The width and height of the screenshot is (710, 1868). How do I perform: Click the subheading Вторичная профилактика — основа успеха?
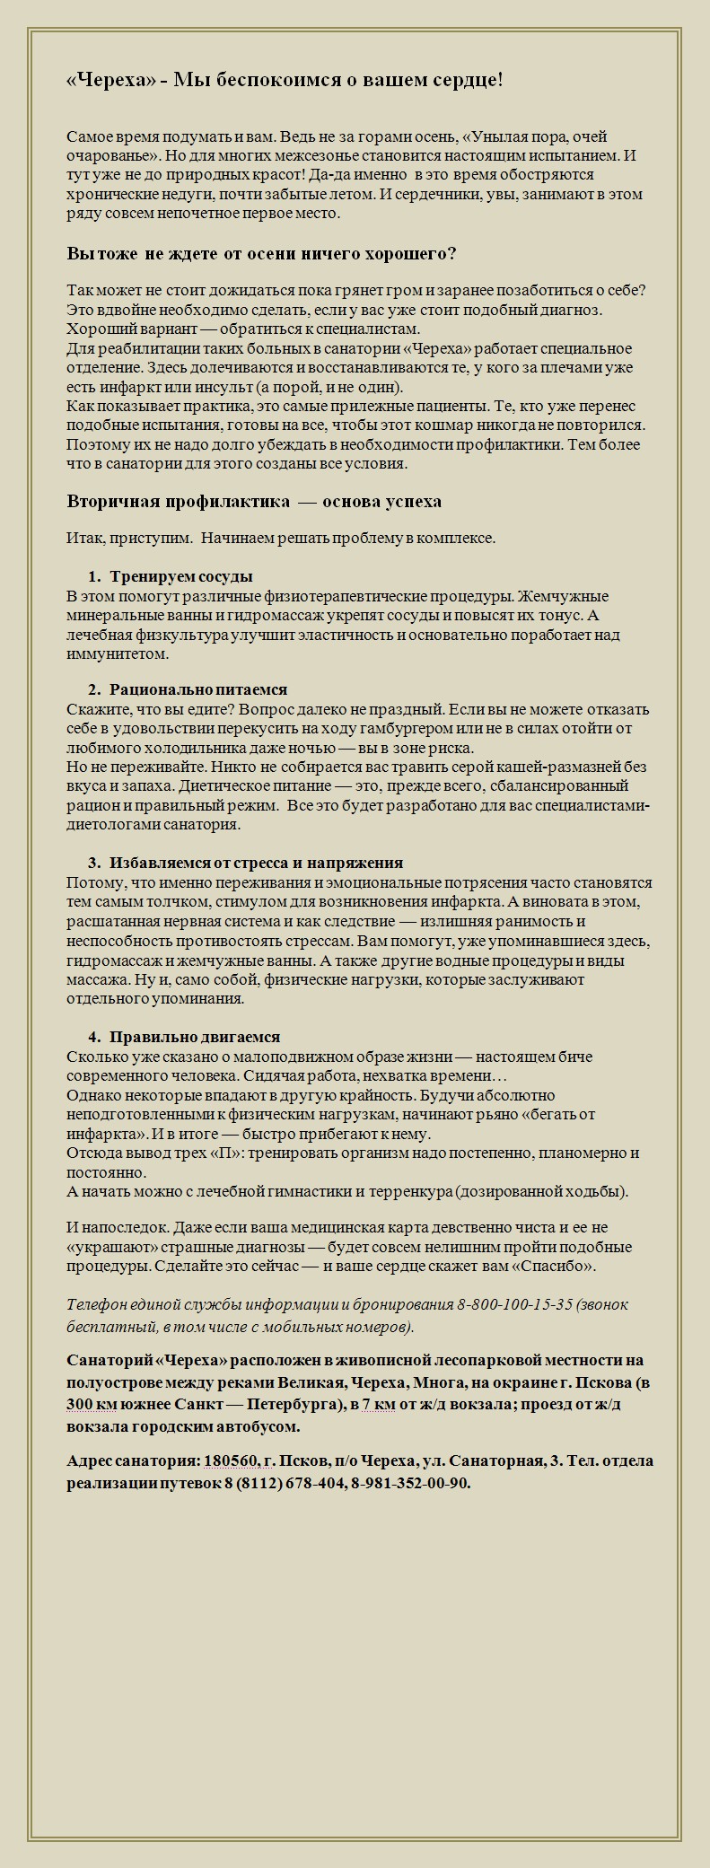[254, 501]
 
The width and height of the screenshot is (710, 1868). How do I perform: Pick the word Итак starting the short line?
[83, 538]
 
